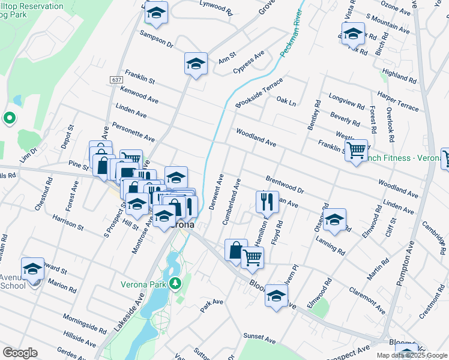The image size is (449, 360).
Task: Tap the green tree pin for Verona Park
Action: click(x=175, y=282)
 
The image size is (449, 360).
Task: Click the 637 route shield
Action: click(x=116, y=80)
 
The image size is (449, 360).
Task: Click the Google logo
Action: click(x=19, y=353)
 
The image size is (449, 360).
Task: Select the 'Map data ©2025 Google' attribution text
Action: click(x=412, y=355)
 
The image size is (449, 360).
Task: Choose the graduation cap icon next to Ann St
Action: click(x=196, y=64)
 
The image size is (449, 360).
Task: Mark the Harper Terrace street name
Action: click(x=398, y=101)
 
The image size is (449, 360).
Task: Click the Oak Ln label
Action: click(x=286, y=102)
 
